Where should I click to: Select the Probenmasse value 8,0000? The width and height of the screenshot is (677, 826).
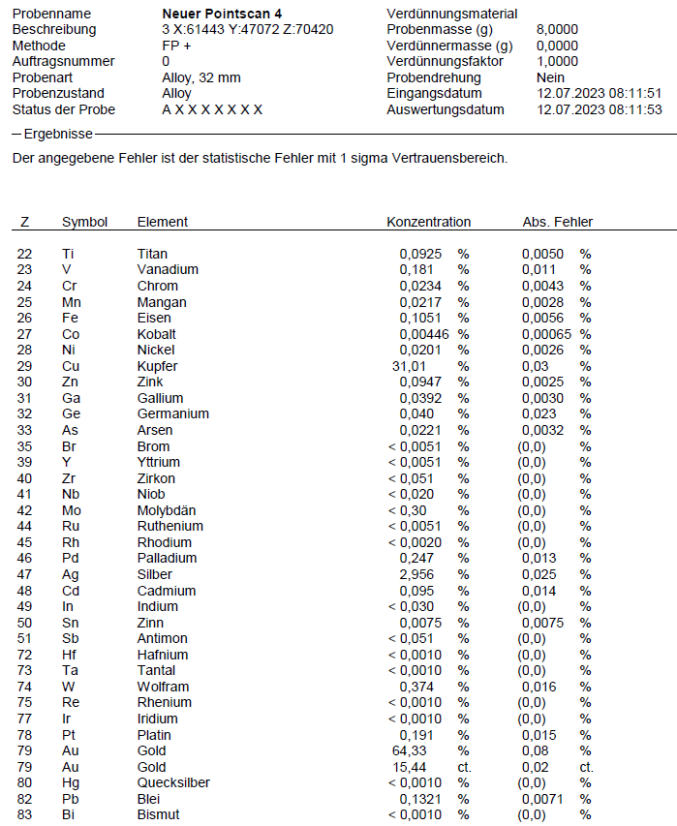coord(557,30)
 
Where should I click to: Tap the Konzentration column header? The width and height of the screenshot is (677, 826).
coord(428,222)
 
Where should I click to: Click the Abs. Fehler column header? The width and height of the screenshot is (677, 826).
coord(557,222)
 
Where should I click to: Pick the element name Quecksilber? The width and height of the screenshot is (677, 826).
coord(173,782)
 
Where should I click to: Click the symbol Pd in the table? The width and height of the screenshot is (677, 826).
coord(70,558)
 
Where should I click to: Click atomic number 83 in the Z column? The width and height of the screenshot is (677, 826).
coord(24,814)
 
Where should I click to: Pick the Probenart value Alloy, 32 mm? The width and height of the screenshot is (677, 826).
coord(201,77)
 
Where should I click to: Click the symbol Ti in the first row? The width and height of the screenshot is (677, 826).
coord(68,254)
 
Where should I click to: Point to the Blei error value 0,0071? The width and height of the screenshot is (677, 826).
coord(542,799)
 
